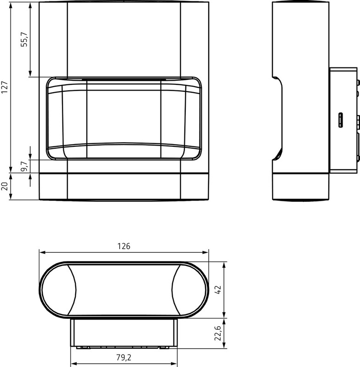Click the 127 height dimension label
click(5, 87)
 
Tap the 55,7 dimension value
click(24, 39)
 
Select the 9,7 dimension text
click(24, 167)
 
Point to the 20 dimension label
click(5, 186)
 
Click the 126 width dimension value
click(124, 246)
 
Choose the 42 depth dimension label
click(217, 290)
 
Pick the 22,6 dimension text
click(217, 333)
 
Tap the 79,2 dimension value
click(124, 357)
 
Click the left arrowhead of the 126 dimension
click(42, 252)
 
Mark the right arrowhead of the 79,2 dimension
click(174, 364)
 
